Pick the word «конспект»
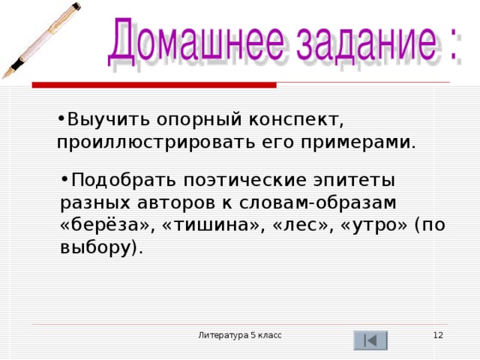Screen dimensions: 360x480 (x=295, y=119)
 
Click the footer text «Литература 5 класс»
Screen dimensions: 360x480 (x=240, y=334)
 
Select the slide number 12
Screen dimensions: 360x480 (x=438, y=334)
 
